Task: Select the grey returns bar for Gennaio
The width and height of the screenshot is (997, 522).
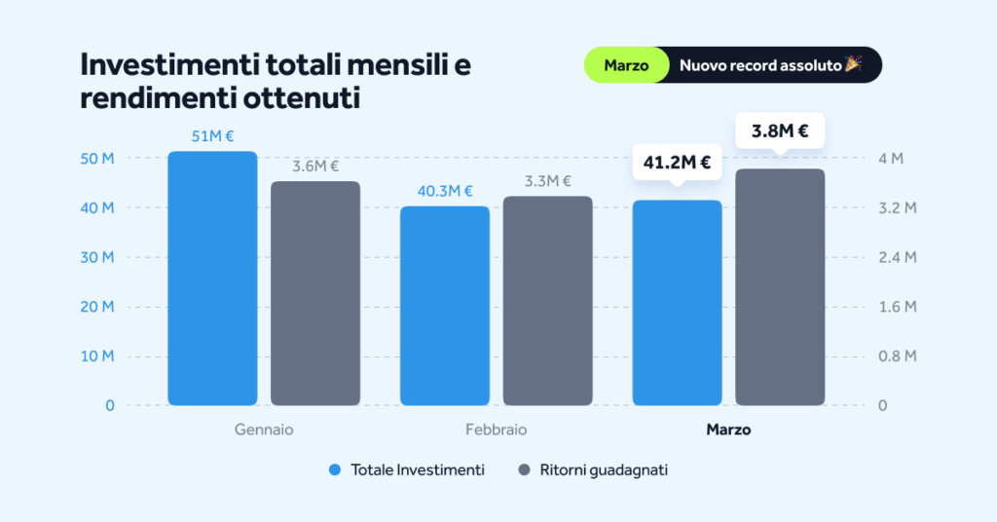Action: [x=315, y=293]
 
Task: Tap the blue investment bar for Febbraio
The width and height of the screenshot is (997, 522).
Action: [x=445, y=306]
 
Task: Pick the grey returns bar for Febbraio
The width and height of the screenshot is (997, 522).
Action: [x=547, y=301]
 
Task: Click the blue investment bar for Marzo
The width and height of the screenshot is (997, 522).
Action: [x=678, y=303]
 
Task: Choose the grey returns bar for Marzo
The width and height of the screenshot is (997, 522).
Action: [x=780, y=287]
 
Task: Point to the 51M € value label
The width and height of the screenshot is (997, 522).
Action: [x=212, y=136]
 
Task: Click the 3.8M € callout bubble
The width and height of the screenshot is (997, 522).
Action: [x=780, y=131]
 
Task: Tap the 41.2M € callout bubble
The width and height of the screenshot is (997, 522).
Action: [x=678, y=163]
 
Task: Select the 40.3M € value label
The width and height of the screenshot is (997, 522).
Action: [x=445, y=191]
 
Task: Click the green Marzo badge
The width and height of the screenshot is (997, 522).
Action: [x=626, y=65]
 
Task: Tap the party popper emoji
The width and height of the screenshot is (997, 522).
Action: [x=853, y=64]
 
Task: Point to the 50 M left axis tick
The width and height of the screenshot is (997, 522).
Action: [x=96, y=159]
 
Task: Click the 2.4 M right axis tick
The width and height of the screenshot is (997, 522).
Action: [x=897, y=257]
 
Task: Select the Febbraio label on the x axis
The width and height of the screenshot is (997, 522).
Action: [x=496, y=429]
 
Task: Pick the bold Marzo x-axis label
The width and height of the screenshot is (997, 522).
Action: [x=728, y=429]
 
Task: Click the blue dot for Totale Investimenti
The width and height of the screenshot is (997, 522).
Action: [x=335, y=469]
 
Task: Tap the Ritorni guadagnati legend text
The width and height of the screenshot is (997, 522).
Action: [x=604, y=469]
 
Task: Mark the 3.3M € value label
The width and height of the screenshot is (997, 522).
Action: [x=547, y=181]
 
